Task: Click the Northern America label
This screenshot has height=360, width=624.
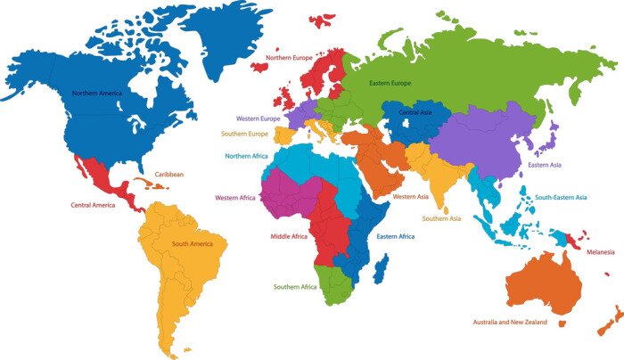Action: [x=97, y=92]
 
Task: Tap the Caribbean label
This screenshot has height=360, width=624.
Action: [x=169, y=175]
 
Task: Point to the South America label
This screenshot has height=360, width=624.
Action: [x=193, y=244]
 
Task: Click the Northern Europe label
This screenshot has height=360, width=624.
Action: [x=289, y=58]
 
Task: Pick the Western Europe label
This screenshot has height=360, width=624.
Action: [x=258, y=119]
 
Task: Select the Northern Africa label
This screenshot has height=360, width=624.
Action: [x=248, y=156]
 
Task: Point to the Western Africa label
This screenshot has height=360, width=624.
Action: [x=235, y=198]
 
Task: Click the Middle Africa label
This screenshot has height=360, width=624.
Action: [x=289, y=237]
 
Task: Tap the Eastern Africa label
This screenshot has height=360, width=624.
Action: [x=395, y=236]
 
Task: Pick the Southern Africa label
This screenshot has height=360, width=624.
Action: [x=298, y=287]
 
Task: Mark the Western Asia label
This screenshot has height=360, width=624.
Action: [x=412, y=196]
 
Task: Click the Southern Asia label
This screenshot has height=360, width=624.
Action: [x=441, y=218]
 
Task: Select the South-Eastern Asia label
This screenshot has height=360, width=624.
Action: [x=561, y=197]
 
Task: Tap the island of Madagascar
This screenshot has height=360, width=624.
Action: [x=382, y=268]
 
